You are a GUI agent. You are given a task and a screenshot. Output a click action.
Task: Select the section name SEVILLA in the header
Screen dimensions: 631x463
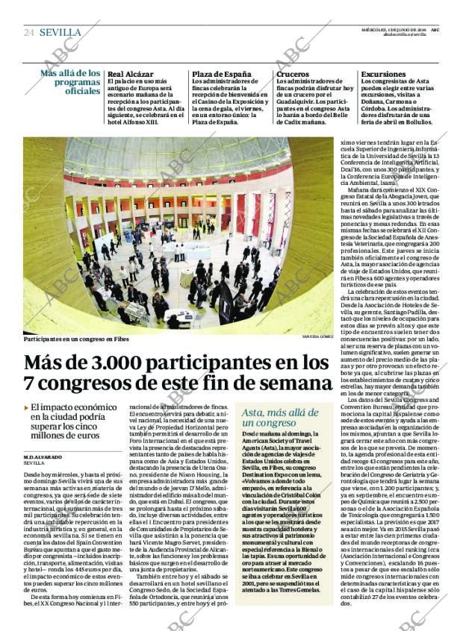[60, 32]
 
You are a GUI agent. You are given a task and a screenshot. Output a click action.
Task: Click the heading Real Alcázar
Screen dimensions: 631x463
[131, 75]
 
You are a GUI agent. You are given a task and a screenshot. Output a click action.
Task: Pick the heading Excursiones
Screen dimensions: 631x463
[384, 75]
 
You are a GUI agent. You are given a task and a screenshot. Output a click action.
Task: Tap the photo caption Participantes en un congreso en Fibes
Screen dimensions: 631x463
[75, 339]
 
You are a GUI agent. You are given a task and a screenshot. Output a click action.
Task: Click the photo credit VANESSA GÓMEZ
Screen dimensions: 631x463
[316, 337]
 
